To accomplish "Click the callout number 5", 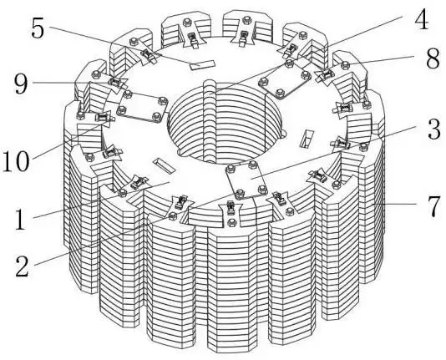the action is (x=38, y=28).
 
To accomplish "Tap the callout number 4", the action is (x=421, y=19).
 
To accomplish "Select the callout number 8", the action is (x=433, y=58).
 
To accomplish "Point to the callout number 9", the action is (x=22, y=84).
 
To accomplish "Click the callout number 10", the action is (x=16, y=161).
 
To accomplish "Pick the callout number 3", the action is (x=434, y=129).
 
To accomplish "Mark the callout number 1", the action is (x=20, y=219).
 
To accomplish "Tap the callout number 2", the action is (x=23, y=266).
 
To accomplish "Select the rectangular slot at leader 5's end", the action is (x=202, y=65).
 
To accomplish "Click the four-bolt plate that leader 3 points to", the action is (x=246, y=179).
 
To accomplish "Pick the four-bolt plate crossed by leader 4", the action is (x=285, y=79).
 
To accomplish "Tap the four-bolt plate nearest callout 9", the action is (x=142, y=107).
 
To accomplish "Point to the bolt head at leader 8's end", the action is (x=345, y=65).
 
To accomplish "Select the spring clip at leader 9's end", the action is (x=115, y=83).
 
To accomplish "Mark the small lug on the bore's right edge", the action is (x=283, y=134).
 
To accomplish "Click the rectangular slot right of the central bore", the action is (x=307, y=139).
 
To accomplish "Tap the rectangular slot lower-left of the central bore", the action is (x=165, y=165).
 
